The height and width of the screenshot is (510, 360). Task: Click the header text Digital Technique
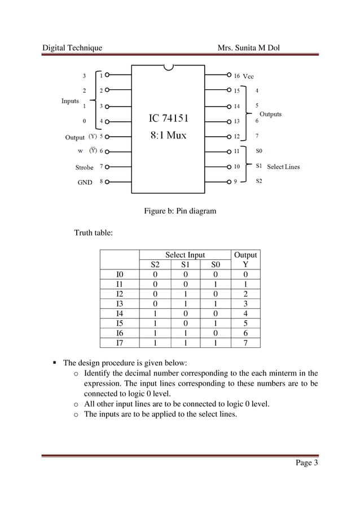73,48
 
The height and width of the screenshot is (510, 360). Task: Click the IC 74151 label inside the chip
169,119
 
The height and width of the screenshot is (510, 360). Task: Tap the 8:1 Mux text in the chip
168,136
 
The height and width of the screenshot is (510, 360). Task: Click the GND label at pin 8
85,182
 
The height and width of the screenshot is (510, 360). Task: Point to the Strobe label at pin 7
85,167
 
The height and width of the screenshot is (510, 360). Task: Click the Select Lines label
283,167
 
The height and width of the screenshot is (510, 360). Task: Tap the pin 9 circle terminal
229,182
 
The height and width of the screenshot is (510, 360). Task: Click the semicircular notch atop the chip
168,68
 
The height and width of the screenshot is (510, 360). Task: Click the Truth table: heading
94,233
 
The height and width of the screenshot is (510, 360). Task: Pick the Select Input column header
185,255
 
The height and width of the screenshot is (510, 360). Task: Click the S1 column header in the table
185,265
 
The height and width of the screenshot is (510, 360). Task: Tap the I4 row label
119,313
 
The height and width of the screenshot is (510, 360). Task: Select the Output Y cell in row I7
245,342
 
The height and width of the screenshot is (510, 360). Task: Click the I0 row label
119,275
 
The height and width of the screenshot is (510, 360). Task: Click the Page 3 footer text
307,464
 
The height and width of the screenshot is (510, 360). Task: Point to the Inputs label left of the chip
70,101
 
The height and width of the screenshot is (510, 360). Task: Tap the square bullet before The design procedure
56,363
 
